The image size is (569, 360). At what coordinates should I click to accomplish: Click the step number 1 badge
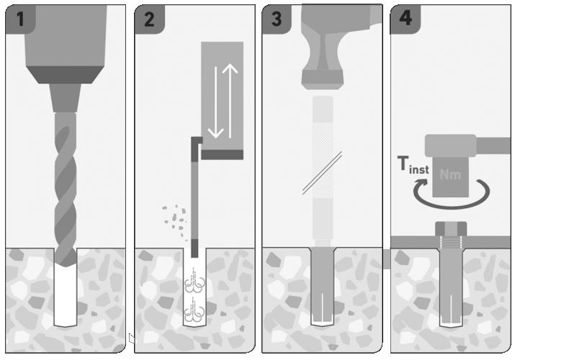[x=20, y=19]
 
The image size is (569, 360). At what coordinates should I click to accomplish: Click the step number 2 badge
[x=150, y=19]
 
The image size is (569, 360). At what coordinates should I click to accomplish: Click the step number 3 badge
[x=277, y=19]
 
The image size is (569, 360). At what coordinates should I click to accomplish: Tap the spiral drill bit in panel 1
[x=66, y=189]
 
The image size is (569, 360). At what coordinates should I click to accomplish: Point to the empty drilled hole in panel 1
[x=66, y=296]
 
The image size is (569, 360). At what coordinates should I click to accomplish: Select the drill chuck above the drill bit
[x=66, y=98]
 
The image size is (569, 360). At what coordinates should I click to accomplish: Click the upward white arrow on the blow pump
[x=230, y=101]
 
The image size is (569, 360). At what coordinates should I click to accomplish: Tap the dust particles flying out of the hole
[x=176, y=220]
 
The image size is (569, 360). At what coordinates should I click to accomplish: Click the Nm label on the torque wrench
[x=450, y=175]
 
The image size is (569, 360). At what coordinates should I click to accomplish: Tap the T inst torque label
[x=413, y=165]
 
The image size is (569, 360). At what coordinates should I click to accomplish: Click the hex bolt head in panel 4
[x=451, y=229]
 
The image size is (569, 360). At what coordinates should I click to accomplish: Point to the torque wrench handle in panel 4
[x=493, y=145]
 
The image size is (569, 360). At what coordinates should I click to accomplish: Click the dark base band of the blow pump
[x=222, y=155]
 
